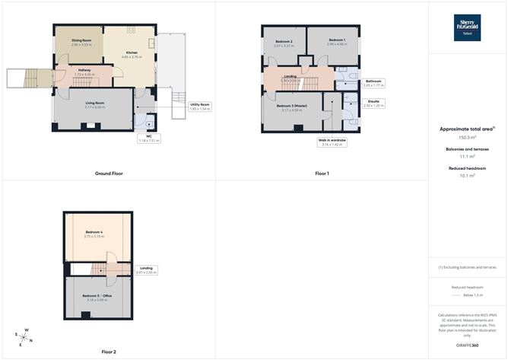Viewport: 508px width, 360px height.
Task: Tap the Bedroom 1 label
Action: click(337, 41)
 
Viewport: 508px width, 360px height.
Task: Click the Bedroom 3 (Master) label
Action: click(292, 108)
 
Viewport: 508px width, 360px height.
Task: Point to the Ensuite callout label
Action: click(373, 104)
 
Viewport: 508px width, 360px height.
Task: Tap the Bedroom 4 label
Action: click(94, 234)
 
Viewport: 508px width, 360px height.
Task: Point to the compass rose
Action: click(24, 336)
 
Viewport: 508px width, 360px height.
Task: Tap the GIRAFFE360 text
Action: click(467, 346)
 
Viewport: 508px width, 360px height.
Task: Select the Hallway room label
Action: click(84, 72)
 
